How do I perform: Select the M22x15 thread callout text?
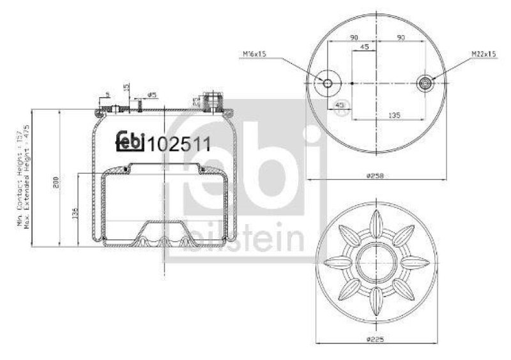pos(484,54)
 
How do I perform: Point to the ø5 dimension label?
pos(152,95)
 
